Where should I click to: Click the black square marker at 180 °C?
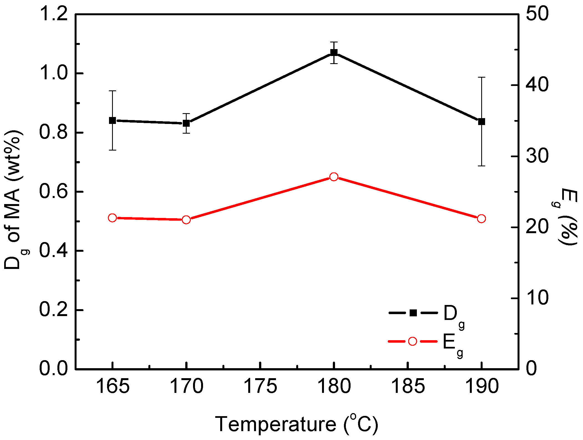click(334, 52)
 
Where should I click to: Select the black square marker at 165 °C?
click(112, 121)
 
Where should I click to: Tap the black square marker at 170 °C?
click(186, 123)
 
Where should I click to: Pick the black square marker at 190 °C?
click(481, 121)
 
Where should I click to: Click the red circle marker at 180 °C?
click(334, 177)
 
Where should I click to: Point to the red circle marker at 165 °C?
click(112, 218)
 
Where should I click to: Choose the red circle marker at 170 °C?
click(186, 220)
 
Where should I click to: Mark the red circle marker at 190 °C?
click(481, 219)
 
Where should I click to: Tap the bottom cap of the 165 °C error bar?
click(112, 150)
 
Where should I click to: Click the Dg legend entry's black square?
click(413, 313)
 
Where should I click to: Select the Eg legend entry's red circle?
click(413, 341)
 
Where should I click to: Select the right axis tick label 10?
click(537, 298)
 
